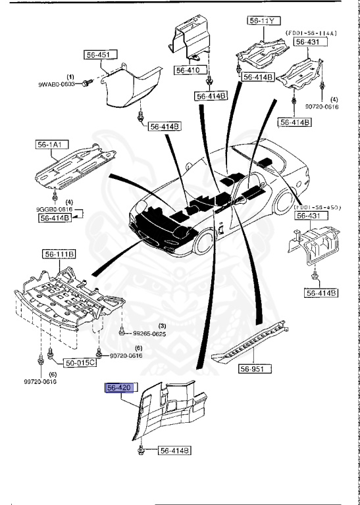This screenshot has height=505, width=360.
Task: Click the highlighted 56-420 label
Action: (x=120, y=389)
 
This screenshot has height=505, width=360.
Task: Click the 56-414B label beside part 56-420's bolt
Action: (x=173, y=450)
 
